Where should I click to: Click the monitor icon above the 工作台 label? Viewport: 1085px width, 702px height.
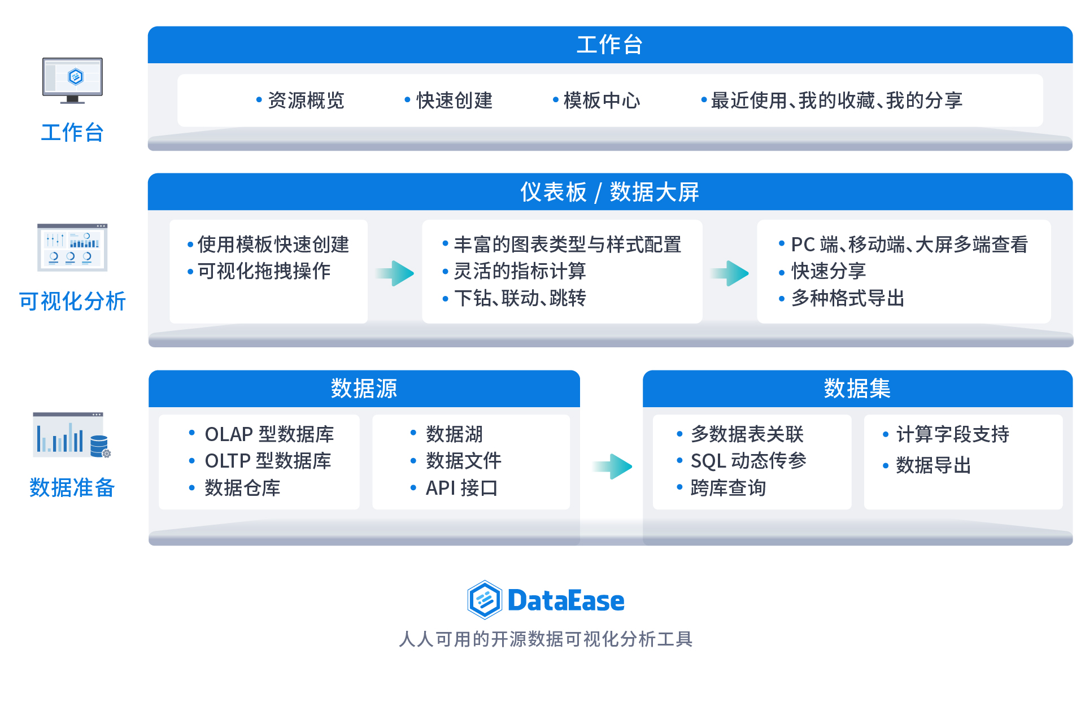[72, 80]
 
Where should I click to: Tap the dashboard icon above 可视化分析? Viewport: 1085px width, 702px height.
[72, 247]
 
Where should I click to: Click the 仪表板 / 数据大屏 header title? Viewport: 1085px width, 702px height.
[609, 192]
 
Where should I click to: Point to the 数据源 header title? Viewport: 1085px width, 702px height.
[364, 389]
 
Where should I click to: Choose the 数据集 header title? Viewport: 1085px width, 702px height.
[857, 389]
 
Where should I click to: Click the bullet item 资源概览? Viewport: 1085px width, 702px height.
[306, 101]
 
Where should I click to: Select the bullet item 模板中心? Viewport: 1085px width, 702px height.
[602, 101]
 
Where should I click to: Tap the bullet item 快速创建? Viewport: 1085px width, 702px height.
[454, 101]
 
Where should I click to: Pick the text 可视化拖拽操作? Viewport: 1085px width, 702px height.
[264, 271]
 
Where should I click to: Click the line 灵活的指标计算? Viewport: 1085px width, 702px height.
[520, 271]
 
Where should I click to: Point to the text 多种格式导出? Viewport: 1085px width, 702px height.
[847, 298]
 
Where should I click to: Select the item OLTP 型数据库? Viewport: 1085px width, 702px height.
[268, 461]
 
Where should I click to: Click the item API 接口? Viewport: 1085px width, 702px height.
[461, 488]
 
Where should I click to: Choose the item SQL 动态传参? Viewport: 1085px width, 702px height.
[748, 461]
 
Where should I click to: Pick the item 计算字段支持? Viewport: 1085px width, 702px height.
[952, 434]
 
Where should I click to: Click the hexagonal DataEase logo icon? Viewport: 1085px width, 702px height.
[484, 600]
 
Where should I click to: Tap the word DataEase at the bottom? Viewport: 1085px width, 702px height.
[566, 600]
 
